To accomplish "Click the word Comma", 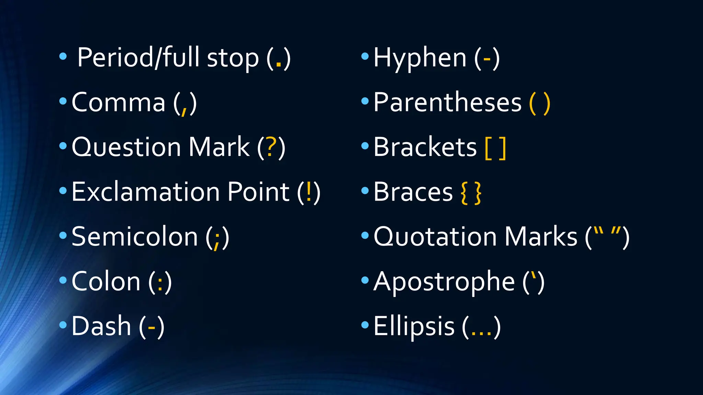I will click(x=118, y=103).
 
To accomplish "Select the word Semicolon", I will click(x=135, y=237).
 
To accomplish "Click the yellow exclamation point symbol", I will click(x=309, y=192).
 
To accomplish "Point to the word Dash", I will click(x=101, y=326).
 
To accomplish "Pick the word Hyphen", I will click(x=420, y=58).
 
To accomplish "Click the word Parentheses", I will click(x=447, y=103).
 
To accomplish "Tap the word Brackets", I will click(x=425, y=147).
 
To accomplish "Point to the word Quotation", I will click(x=435, y=237).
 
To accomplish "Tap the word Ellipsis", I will click(x=414, y=326).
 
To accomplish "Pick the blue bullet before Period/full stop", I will click(x=63, y=56).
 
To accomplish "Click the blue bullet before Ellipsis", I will click(x=365, y=324).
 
